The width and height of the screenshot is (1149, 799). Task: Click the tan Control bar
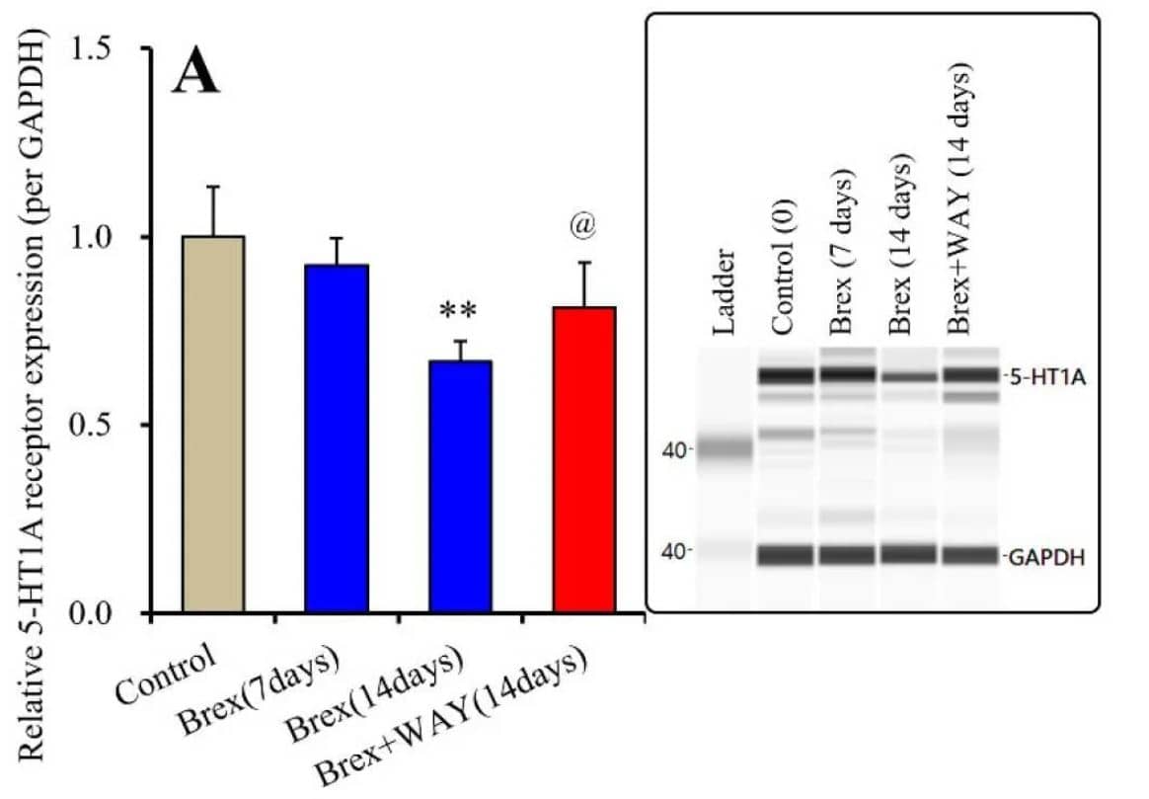tap(213, 425)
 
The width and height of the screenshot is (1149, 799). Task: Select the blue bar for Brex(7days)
tap(337, 439)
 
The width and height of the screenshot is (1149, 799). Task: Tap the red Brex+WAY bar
tap(583, 460)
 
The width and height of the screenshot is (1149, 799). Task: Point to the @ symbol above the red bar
tap(583, 226)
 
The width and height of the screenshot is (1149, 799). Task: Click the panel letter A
tap(195, 74)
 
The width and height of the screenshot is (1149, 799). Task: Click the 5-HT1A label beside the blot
tap(1042, 376)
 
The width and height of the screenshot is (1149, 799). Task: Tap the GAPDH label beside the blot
tap(1046, 558)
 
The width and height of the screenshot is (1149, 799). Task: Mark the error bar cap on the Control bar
tap(213, 187)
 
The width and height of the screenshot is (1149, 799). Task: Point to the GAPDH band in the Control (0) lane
tap(786, 555)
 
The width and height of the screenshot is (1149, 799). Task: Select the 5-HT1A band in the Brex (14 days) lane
tap(907, 377)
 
